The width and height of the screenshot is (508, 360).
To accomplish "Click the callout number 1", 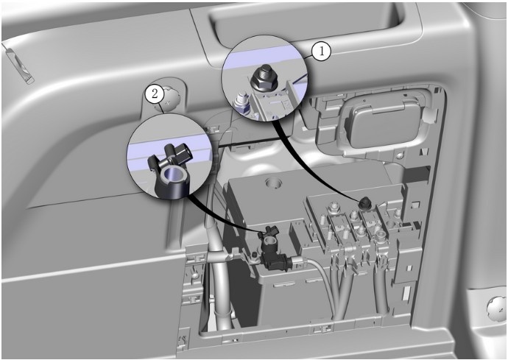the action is pos(321,52).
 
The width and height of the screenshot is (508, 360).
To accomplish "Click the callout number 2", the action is pos(155,94).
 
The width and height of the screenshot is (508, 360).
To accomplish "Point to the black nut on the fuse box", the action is pos(365,203).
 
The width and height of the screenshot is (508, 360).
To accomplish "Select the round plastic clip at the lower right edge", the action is pos(496,308).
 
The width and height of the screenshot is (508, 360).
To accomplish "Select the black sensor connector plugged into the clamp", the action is pos(275,260).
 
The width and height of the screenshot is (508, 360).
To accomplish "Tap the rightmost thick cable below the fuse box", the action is pos(382,289).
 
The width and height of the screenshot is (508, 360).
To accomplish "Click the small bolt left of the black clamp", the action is pos(255,257).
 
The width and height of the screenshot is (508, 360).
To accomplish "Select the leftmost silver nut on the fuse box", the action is pos(331,206).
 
